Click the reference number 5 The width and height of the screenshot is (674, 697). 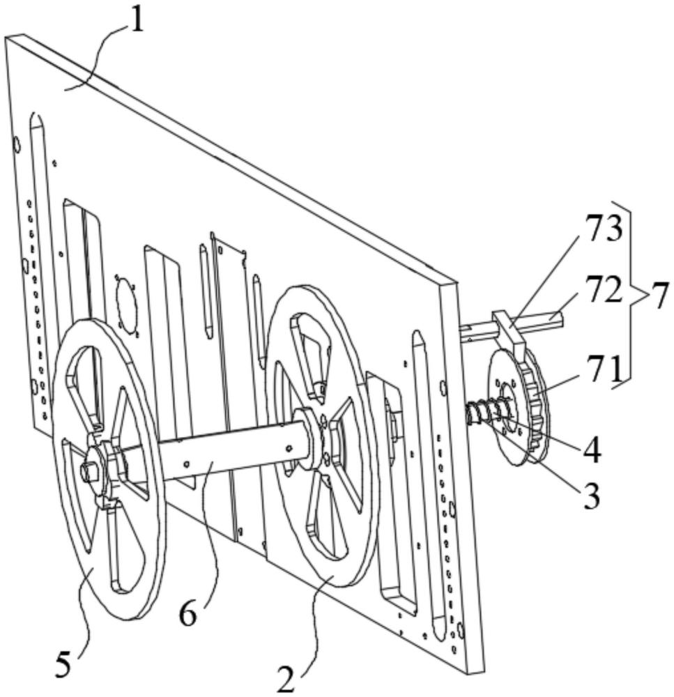tap(63, 666)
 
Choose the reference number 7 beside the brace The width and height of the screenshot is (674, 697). tap(658, 296)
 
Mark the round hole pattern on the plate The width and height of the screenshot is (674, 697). tap(125, 302)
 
